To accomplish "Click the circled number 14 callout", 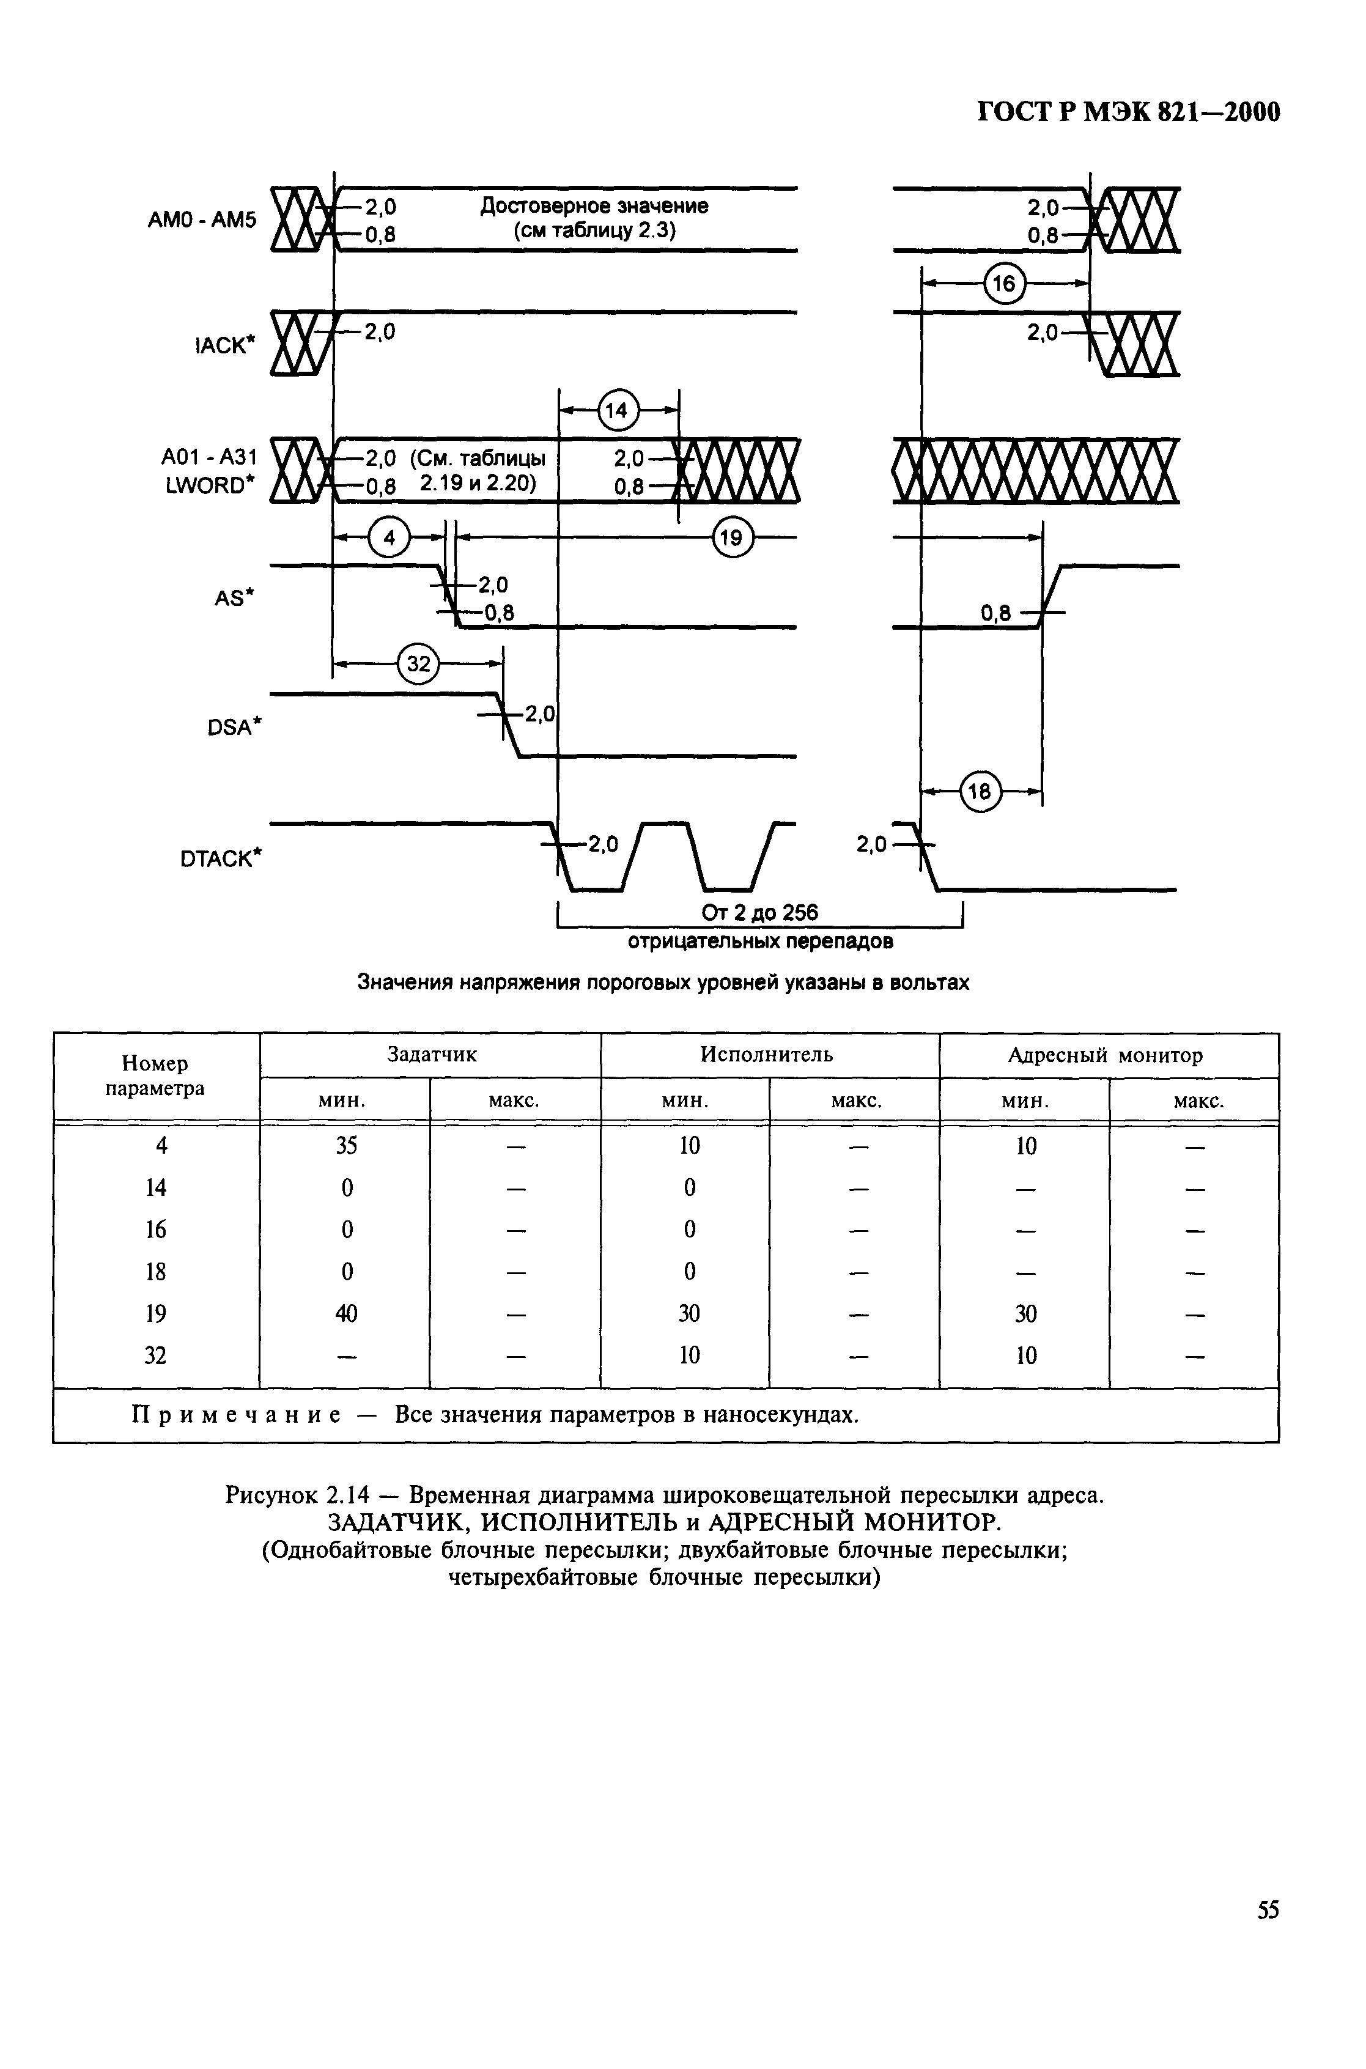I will (x=617, y=410).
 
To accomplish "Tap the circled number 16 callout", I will (x=1005, y=283).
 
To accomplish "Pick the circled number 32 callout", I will (x=419, y=665).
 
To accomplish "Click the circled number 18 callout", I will (x=980, y=792).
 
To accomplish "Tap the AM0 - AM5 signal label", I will (x=203, y=219).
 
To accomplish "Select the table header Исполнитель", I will (x=767, y=1055).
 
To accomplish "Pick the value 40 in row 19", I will (x=347, y=1313).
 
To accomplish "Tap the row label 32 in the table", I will (x=155, y=1355).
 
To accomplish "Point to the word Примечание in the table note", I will (x=235, y=1415).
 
